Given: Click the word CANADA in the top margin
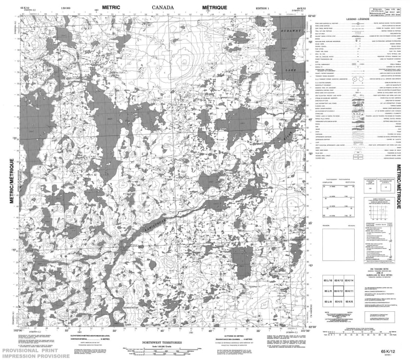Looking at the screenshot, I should pyautogui.click(x=163, y=7).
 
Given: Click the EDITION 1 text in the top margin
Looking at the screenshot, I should pyautogui.click(x=263, y=7).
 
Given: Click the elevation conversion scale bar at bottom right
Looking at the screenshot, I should pyautogui.click(x=361, y=334).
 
